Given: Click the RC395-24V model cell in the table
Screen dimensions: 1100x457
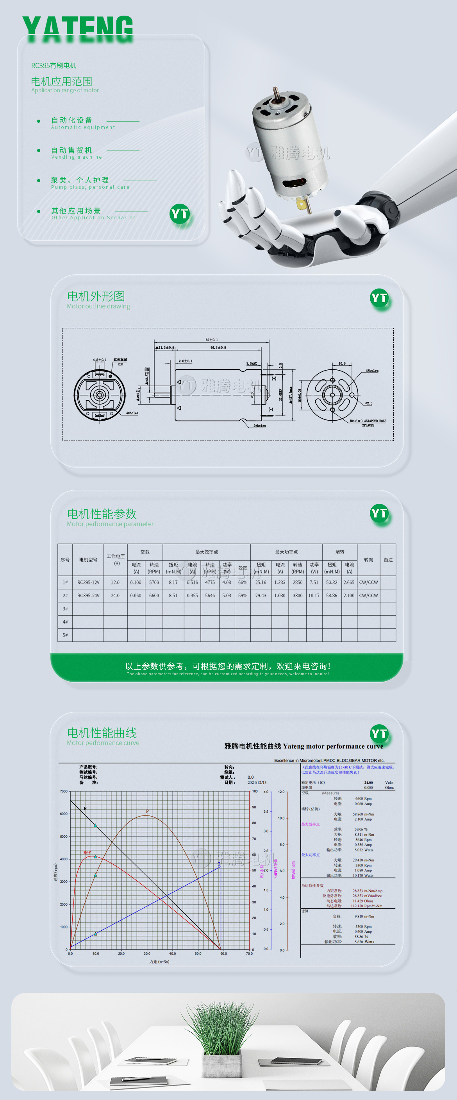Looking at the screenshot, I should pos(88,595).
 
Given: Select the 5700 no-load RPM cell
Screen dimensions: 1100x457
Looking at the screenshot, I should pos(154,582).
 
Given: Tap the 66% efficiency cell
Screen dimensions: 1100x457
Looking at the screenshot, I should pos(243,582).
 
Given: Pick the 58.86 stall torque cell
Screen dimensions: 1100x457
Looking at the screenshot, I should pos(332,595).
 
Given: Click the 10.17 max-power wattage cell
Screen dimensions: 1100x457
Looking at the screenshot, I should pos(314,595).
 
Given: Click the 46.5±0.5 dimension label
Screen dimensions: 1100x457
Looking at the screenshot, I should pos(218,348).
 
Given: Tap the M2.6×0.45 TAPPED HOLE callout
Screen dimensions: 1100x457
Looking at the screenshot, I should pos(368,421).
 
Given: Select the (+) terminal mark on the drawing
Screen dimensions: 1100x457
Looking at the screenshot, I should pos(274,378).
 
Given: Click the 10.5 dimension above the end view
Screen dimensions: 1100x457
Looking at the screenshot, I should pos(342,364).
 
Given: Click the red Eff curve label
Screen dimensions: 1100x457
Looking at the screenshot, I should pos(87,852).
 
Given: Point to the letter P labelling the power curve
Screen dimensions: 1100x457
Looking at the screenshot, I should pos(147,811).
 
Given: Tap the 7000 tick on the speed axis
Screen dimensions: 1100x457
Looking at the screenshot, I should pos(64,791).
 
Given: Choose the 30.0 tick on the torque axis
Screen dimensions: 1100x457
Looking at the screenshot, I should pos(147,953).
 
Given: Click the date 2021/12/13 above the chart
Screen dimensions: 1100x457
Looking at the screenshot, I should pos(257,782).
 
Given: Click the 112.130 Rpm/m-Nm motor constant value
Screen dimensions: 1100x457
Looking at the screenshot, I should pos(366,906).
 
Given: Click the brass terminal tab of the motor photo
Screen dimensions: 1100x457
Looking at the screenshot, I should pos(303,204).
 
